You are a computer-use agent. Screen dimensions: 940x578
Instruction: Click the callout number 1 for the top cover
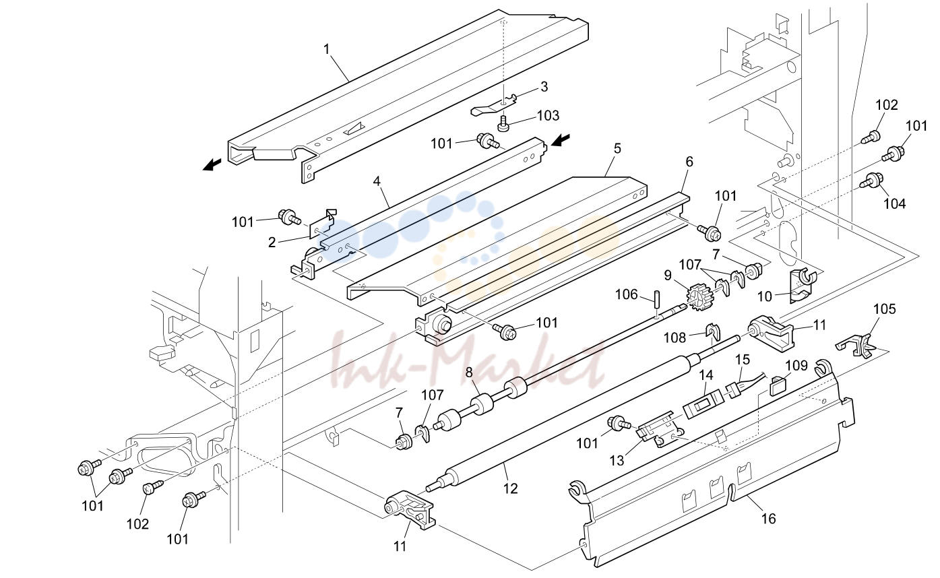[x=327, y=49]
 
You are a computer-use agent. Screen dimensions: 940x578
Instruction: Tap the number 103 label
[x=548, y=115]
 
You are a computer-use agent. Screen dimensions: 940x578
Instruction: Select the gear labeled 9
[x=700, y=298]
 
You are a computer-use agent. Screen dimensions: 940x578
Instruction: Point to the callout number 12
[x=511, y=488]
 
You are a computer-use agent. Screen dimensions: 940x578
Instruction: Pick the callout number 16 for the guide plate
[x=768, y=519]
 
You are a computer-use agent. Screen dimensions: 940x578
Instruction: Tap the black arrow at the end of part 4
[x=561, y=139]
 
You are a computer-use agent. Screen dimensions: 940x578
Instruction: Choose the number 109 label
[x=796, y=365]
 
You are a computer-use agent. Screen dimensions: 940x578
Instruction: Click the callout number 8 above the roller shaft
[x=469, y=372]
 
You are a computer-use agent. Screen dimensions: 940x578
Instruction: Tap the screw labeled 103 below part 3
[x=503, y=125]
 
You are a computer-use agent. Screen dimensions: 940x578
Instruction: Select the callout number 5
[x=617, y=148]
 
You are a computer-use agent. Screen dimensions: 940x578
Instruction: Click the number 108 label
[x=675, y=338]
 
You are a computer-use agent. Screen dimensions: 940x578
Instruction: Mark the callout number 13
[x=617, y=461]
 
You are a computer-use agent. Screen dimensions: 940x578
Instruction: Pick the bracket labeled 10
[x=801, y=285]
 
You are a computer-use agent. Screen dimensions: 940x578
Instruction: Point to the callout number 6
[x=689, y=162]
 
